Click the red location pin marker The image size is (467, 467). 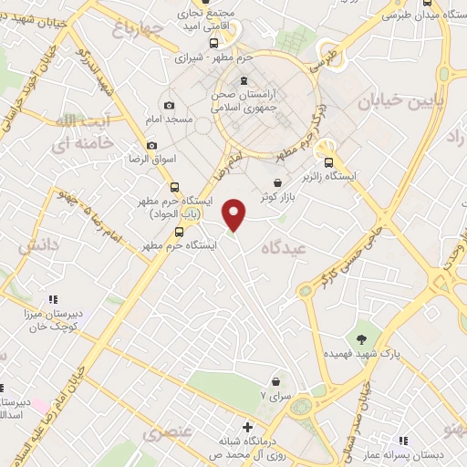pos(234,214)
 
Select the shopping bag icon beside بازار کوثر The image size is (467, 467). pos(276,183)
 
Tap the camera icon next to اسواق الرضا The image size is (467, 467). pos(151,145)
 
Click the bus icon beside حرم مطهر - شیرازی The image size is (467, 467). pos(213,42)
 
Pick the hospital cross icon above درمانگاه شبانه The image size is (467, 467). pos(247,426)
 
